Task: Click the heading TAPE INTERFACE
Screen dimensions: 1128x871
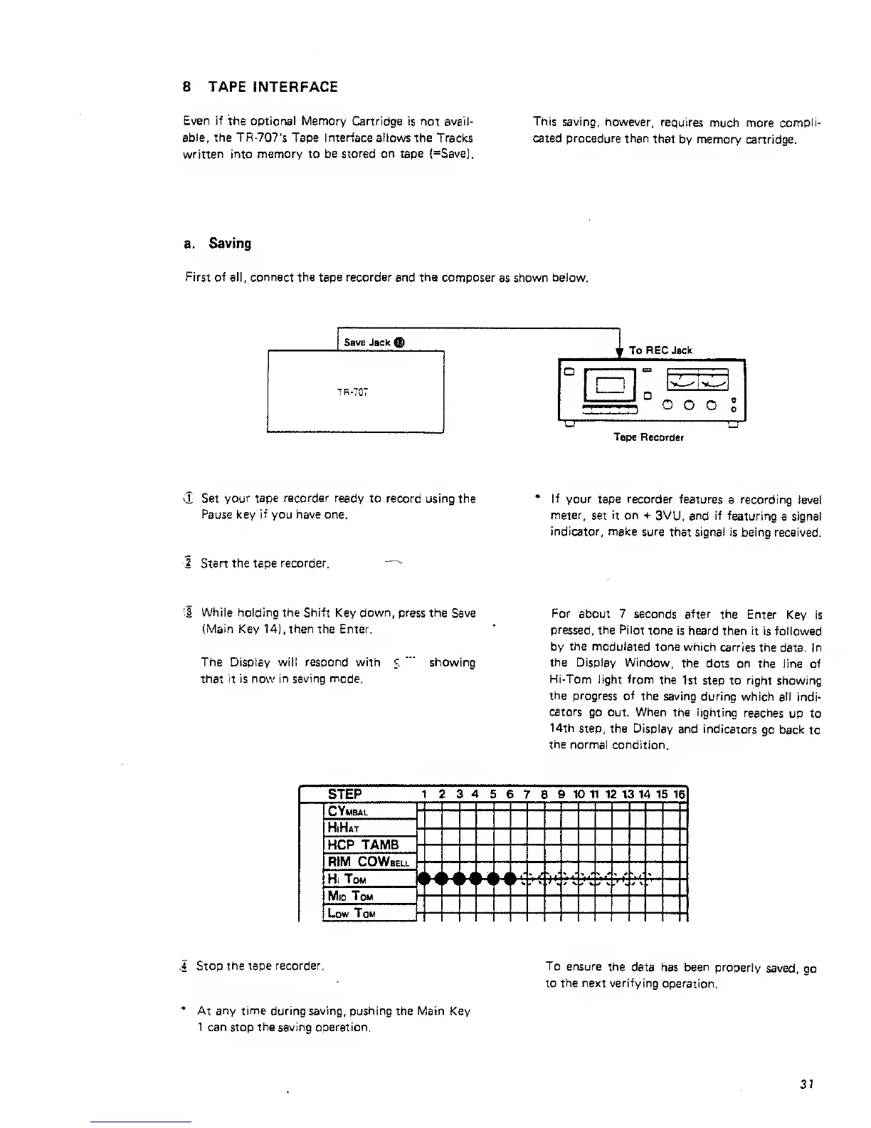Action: click(273, 87)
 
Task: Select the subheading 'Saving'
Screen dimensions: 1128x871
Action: click(230, 244)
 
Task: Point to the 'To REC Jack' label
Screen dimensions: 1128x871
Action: click(660, 350)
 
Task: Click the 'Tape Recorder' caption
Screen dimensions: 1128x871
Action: click(648, 437)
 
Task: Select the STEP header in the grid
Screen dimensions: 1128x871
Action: click(345, 794)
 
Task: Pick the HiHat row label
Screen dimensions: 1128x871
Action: click(343, 827)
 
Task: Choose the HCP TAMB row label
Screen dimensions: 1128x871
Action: click(362, 845)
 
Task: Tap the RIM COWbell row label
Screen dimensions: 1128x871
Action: click(368, 862)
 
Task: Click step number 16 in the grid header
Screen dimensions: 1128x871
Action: click(680, 794)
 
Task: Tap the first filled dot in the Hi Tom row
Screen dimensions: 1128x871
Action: click(425, 879)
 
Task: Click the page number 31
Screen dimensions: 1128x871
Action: click(806, 1085)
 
